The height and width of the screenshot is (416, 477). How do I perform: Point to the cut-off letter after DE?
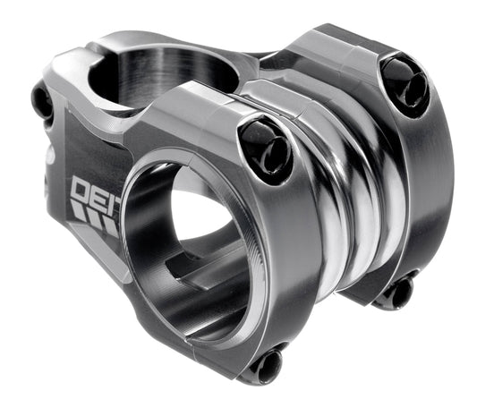point(114,198)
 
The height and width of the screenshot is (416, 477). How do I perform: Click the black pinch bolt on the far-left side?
point(42,100)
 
